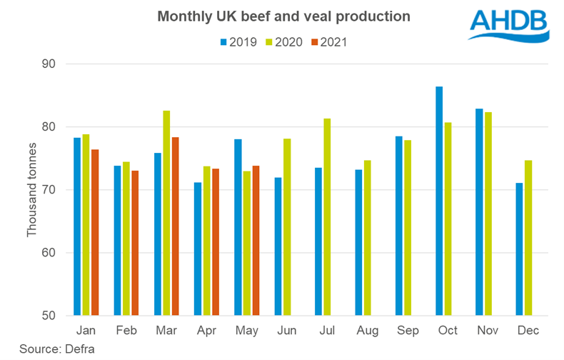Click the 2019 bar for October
click(439, 201)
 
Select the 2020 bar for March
click(166, 213)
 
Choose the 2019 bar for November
click(479, 212)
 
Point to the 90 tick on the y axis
click(54, 64)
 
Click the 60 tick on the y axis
click(54, 253)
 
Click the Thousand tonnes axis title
click(31, 189)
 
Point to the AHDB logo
click(508, 26)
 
